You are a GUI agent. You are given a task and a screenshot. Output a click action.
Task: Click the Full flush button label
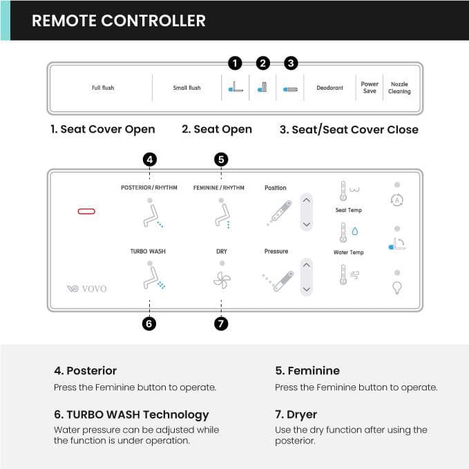click(x=103, y=88)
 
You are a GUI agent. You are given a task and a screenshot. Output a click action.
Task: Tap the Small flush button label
click(x=186, y=88)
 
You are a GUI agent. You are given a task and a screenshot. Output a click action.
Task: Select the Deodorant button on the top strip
click(x=329, y=88)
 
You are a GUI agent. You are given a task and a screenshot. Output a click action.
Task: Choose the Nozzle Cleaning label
click(x=399, y=88)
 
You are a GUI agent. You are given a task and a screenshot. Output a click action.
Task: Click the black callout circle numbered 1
click(x=235, y=64)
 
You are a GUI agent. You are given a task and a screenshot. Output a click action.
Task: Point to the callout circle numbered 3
click(x=291, y=64)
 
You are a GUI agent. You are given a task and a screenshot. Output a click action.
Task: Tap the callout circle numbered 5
click(x=221, y=160)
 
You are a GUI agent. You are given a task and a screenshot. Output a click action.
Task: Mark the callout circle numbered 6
click(x=149, y=323)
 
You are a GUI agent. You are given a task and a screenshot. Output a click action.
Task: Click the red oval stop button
click(x=87, y=211)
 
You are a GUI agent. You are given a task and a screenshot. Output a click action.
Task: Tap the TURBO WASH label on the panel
click(x=148, y=251)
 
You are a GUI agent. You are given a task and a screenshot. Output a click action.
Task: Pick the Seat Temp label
click(x=348, y=210)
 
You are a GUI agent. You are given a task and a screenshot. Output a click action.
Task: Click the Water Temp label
click(x=348, y=253)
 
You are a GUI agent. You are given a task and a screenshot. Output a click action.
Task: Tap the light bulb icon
click(x=397, y=288)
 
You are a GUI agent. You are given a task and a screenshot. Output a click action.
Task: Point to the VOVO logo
click(x=87, y=289)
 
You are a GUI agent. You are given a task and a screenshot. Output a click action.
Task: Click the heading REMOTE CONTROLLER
click(x=119, y=21)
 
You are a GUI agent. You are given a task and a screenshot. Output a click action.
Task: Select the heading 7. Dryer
click(x=296, y=414)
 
